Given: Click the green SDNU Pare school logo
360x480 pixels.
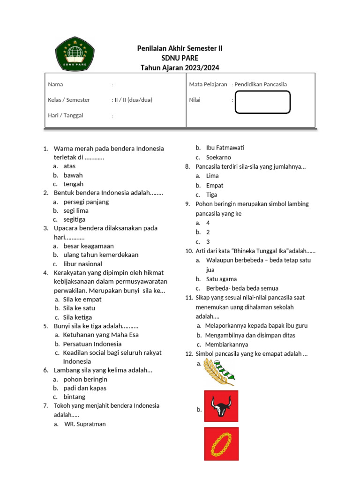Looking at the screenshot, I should (x=75, y=52).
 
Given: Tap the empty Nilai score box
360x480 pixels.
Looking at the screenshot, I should (x=262, y=102).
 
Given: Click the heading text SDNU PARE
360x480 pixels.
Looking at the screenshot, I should (x=180, y=58).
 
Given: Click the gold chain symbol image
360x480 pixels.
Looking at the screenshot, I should (x=221, y=443).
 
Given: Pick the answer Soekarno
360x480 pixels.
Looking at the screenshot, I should (x=218, y=157).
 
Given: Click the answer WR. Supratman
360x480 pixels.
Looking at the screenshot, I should (x=85, y=424).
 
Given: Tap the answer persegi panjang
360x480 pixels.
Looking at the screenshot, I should (x=86, y=202).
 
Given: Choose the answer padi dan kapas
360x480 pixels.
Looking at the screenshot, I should (x=85, y=388).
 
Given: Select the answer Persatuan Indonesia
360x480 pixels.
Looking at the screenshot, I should (x=92, y=344).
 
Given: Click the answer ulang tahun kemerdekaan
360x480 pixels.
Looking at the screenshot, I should (x=101, y=255).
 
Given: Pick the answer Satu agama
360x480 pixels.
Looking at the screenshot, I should (x=221, y=279).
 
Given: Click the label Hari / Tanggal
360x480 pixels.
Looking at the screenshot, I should (x=65, y=115).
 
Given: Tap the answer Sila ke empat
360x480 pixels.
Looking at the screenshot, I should (x=82, y=299).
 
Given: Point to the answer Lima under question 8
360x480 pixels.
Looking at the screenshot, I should (x=212, y=176).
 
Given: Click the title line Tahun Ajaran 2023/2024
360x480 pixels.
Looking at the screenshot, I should (x=180, y=68).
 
